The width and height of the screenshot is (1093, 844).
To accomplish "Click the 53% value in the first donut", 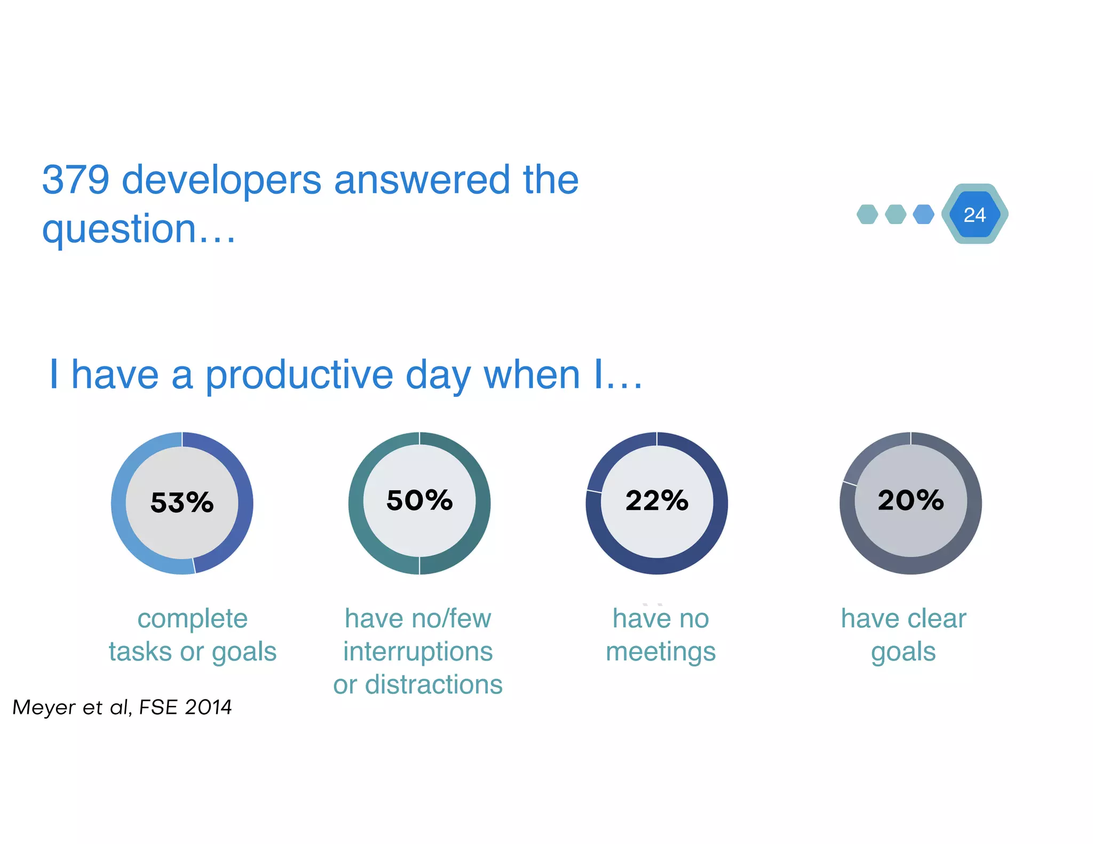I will (182, 503).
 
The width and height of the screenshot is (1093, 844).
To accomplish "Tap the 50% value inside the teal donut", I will (419, 500).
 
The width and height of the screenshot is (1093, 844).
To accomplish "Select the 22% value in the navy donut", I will (657, 500).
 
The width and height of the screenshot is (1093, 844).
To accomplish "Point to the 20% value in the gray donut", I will (910, 500).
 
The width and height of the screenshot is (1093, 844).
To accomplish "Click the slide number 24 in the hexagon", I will (975, 214).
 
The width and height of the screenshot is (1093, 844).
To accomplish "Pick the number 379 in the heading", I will (76, 180).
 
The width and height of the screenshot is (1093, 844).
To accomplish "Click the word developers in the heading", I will (221, 180).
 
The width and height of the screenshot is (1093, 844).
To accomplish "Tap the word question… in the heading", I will (139, 229).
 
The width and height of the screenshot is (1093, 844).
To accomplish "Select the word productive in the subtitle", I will (299, 375).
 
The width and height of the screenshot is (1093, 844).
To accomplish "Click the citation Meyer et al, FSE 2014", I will (122, 707).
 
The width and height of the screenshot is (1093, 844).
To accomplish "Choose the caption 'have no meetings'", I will (661, 635).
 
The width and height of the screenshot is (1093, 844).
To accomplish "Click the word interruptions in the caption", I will (418, 651).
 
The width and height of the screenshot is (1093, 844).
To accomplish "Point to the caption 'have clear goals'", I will (904, 635).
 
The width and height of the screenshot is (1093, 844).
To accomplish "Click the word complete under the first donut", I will (193, 619).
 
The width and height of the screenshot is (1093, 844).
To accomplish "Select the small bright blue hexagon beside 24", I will (923, 214).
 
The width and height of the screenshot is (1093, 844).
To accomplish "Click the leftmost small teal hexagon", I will (867, 214).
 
